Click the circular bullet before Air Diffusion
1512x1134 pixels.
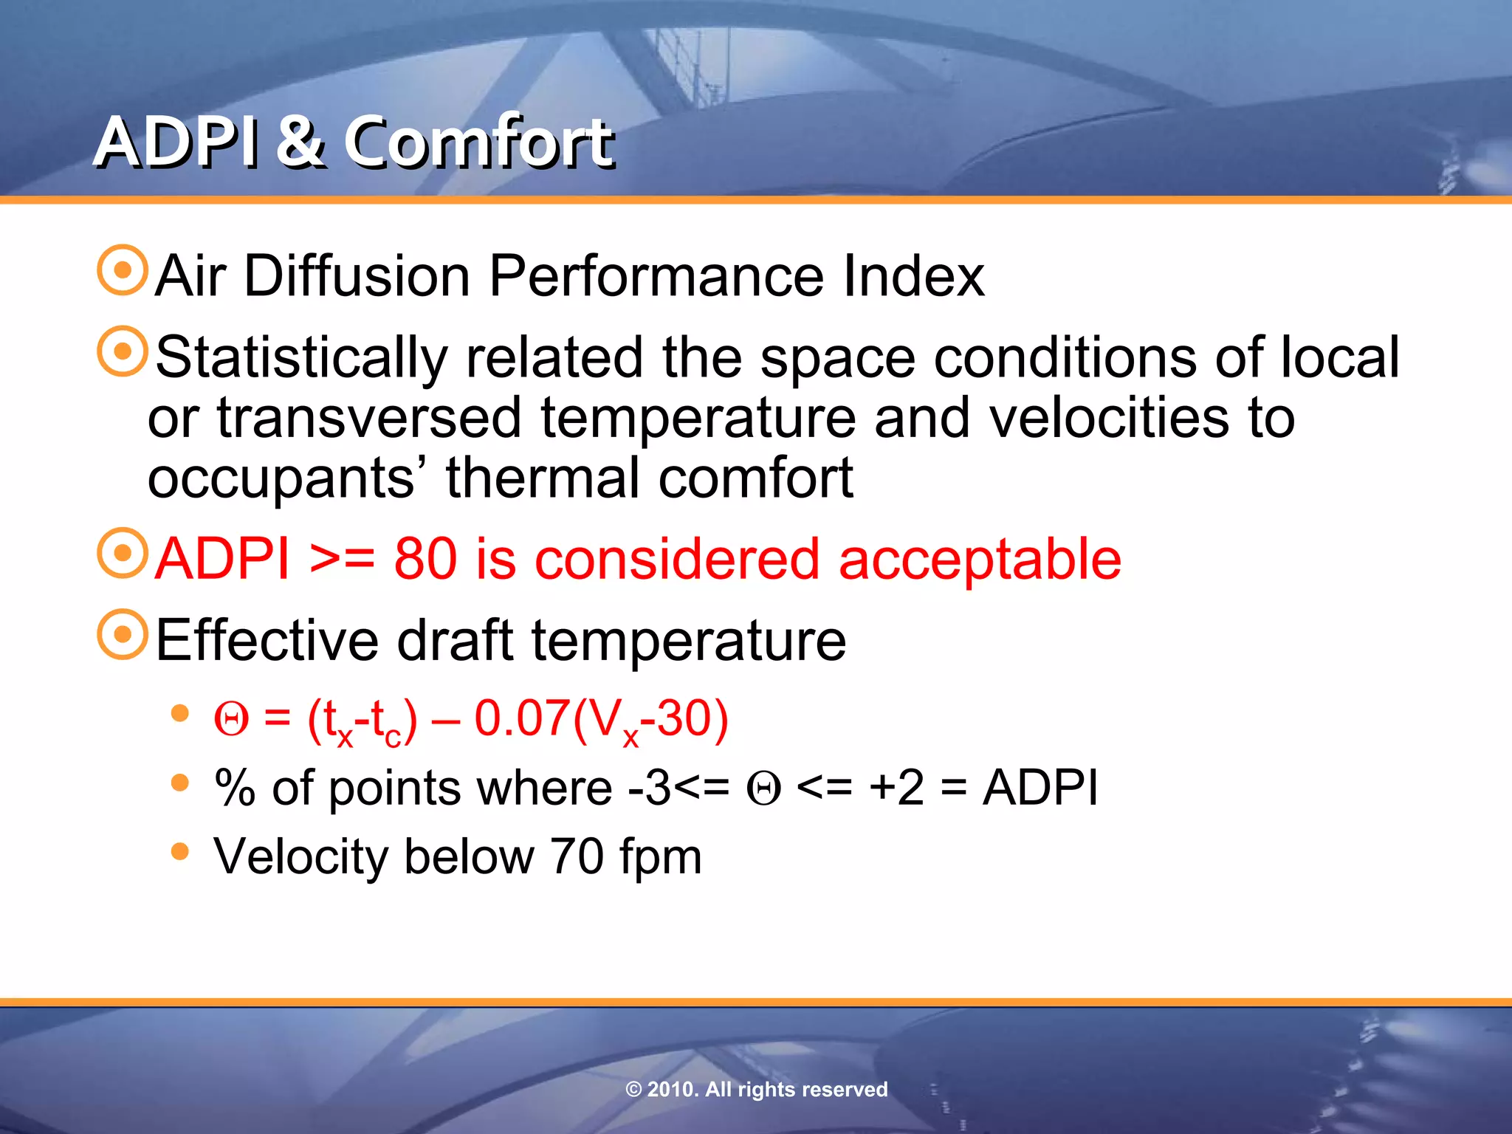pyautogui.click(x=123, y=270)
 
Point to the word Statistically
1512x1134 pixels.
pyautogui.click(x=301, y=358)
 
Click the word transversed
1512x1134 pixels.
pyautogui.click(x=369, y=418)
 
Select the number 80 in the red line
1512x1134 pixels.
pyautogui.click(x=425, y=559)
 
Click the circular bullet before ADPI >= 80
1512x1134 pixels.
pyautogui.click(x=123, y=553)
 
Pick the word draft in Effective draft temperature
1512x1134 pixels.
pyautogui.click(x=455, y=640)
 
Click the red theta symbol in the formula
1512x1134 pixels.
pyautogui.click(x=231, y=719)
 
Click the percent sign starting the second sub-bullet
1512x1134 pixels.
pyautogui.click(x=234, y=788)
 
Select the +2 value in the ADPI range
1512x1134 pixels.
pyautogui.click(x=896, y=787)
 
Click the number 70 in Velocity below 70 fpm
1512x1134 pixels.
pyautogui.click(x=577, y=856)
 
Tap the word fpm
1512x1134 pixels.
pyautogui.click(x=660, y=858)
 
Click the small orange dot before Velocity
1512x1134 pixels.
pyautogui.click(x=179, y=851)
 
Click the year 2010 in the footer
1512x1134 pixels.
pyautogui.click(x=670, y=1089)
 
